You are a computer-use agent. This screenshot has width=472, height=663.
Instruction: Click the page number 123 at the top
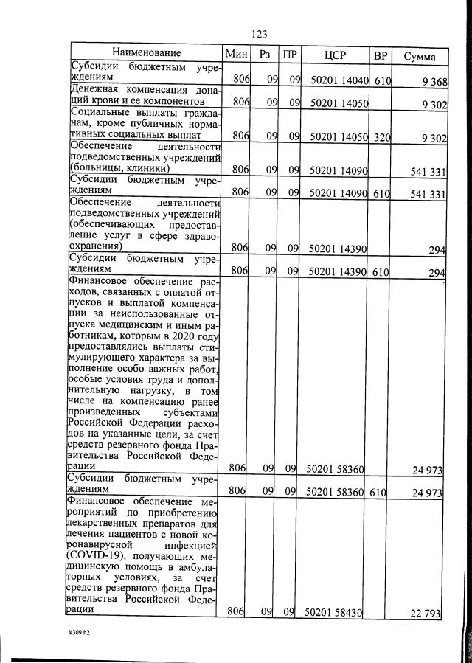[259, 34]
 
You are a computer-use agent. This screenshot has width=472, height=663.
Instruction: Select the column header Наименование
[146, 53]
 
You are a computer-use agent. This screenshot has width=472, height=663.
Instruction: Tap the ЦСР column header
[335, 55]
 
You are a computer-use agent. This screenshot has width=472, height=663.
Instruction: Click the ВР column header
[381, 55]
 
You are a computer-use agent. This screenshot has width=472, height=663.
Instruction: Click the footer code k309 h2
[74, 631]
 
